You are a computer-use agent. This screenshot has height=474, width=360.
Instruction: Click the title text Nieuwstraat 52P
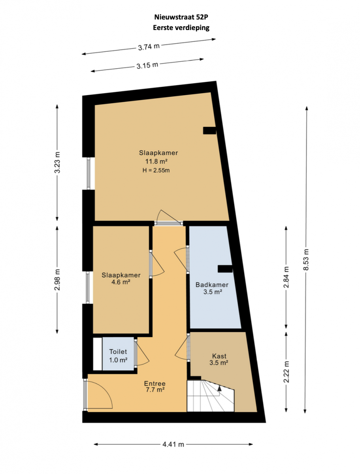click(x=181, y=17)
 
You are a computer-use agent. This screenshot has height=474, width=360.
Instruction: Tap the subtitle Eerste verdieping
click(x=181, y=28)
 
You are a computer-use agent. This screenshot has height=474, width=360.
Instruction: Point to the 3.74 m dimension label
click(x=149, y=47)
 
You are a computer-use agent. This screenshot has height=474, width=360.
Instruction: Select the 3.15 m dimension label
click(x=147, y=65)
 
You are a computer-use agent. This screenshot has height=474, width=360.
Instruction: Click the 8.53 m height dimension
click(x=306, y=259)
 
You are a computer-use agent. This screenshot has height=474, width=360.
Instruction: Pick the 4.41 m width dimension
click(x=173, y=444)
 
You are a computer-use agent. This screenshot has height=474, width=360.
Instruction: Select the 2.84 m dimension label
click(x=286, y=277)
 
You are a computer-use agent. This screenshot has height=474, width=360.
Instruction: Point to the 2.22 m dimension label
click(x=286, y=372)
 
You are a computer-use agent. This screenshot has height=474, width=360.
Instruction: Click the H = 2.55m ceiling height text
click(x=156, y=170)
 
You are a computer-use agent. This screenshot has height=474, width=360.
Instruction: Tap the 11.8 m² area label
click(x=156, y=161)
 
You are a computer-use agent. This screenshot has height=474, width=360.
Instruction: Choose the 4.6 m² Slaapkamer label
click(x=121, y=282)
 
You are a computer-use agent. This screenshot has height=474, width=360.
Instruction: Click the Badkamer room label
click(x=212, y=284)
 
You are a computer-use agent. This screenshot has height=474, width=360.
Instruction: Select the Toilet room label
click(x=118, y=351)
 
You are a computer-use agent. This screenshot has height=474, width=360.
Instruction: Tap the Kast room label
click(x=219, y=355)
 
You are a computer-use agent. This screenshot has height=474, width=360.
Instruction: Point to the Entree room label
click(x=155, y=383)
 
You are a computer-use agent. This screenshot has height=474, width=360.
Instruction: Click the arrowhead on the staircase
click(x=219, y=388)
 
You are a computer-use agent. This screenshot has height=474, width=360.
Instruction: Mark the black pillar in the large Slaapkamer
click(x=209, y=130)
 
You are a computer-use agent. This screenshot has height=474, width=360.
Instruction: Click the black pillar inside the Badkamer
click(x=225, y=269)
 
